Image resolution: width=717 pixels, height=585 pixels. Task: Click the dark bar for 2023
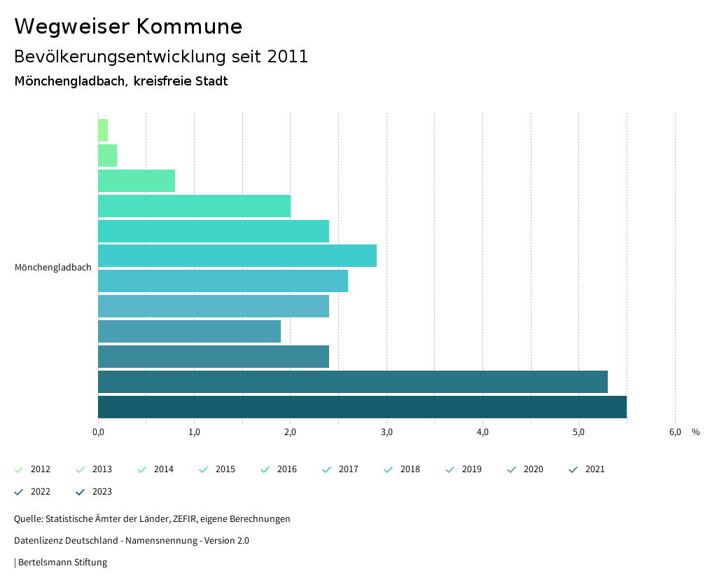pos(362,407)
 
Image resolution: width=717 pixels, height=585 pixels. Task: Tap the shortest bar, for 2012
pos(103,130)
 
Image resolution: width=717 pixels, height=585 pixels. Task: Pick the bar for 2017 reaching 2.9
pos(237,256)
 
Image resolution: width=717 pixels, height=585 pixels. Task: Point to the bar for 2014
pos(137,181)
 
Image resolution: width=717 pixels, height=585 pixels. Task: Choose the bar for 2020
pos(189,331)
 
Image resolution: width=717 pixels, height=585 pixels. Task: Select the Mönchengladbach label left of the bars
pos(53,268)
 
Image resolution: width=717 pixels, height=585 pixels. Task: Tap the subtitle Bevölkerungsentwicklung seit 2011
pos(161,57)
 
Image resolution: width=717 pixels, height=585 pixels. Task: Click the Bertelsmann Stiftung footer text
pos(62,563)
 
